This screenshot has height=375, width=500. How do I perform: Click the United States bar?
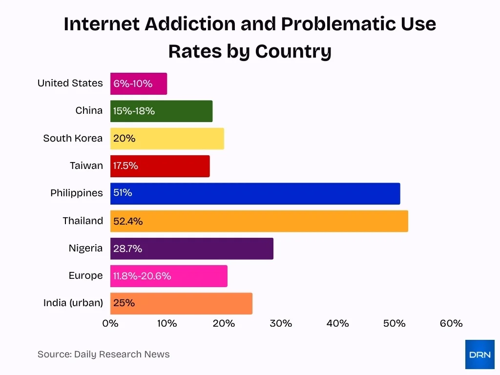pos(139,83)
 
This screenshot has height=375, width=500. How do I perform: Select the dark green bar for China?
pos(161,111)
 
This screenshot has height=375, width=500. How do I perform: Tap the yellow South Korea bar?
pos(167,139)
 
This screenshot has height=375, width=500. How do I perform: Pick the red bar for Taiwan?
pos(160,166)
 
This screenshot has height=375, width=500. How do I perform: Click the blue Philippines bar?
pos(255,193)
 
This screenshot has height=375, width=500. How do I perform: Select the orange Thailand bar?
pos(259,221)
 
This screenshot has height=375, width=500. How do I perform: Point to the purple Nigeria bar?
pos(191,249)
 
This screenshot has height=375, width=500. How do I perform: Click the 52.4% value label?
pos(128,221)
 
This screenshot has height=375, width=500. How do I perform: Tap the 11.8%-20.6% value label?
pos(142,276)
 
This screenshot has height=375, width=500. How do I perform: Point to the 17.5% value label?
pos(125,166)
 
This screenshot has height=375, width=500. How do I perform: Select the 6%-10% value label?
pos(133,83)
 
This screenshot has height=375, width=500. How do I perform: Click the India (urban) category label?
pos(73,303)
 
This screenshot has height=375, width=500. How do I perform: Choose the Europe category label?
pos(86,276)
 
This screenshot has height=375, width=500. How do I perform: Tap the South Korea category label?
pos(73,138)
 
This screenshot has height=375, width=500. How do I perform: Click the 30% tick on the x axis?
pos(281,323)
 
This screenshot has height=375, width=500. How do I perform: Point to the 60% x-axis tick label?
pos(451,323)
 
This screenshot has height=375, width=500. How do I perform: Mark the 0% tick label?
pos(110,323)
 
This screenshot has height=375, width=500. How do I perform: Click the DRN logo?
pos(479,354)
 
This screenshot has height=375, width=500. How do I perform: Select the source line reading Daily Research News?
pos(104,354)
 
